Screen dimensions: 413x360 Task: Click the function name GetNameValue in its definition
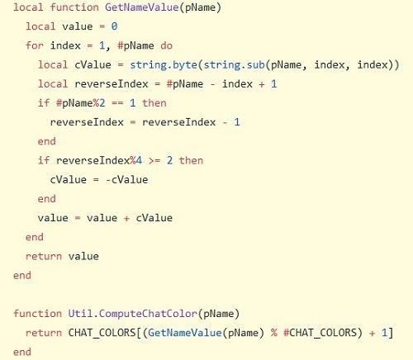142,7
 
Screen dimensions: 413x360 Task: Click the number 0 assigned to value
114,26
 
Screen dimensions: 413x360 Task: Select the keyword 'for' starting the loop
35,45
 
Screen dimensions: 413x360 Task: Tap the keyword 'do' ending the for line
167,45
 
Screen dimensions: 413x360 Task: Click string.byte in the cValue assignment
164,65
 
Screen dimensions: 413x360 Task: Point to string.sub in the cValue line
234,65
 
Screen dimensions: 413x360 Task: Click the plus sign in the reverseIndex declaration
262,84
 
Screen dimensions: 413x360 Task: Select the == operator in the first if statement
117,103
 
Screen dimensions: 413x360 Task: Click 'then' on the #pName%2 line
154,103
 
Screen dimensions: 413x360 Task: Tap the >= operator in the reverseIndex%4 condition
154,161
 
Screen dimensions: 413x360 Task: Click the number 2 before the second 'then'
169,160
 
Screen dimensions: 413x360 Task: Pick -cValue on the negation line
127,180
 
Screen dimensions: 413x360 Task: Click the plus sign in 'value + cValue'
126,218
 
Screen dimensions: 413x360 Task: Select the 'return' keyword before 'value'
44,257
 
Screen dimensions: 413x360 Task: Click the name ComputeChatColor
148,314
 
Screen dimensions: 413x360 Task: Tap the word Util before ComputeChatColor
80,314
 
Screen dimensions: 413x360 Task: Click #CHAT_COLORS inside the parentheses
320,333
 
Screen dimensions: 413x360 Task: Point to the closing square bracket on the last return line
391,333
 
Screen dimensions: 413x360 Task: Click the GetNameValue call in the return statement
185,333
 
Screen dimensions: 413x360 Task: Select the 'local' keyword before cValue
53,64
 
